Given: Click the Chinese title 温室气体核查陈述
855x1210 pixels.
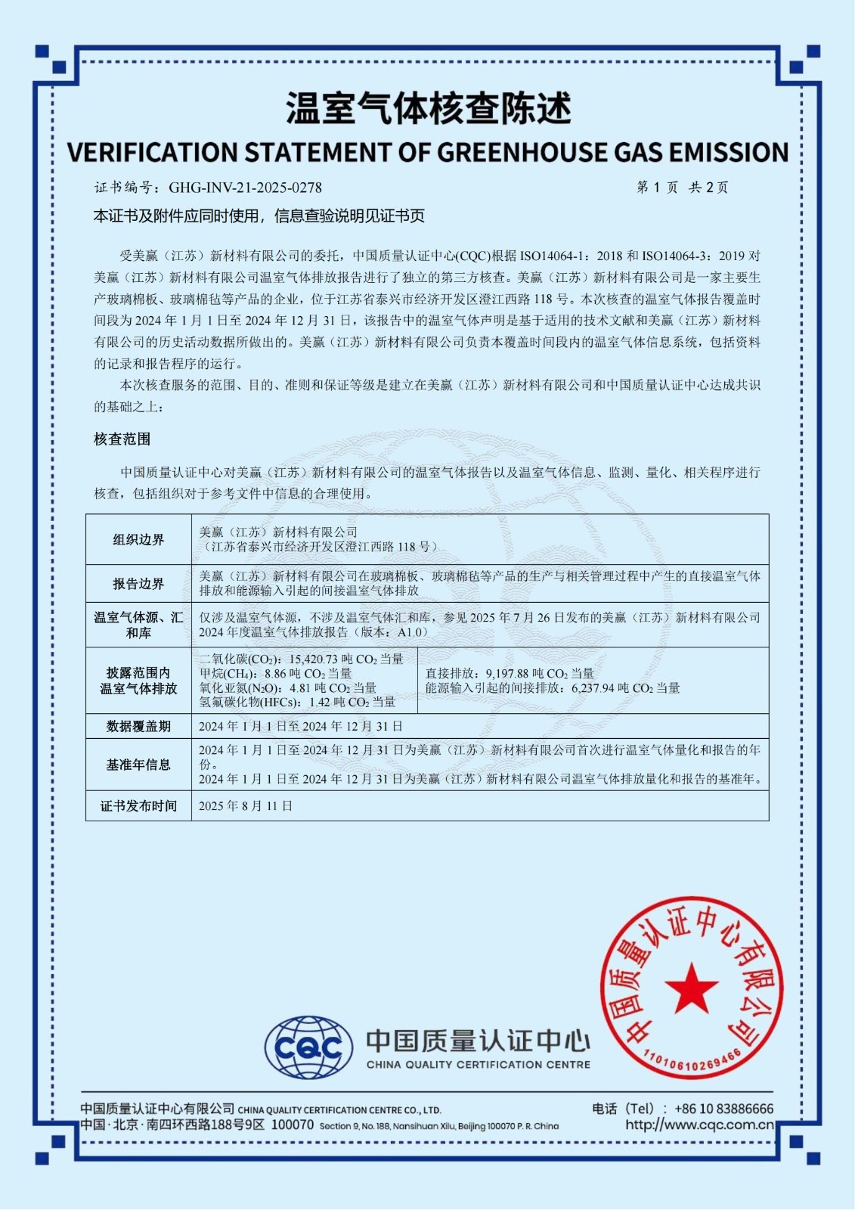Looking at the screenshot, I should [x=428, y=109].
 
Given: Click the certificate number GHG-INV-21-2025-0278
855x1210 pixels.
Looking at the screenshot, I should [x=245, y=188].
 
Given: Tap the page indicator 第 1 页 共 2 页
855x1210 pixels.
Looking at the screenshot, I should [x=682, y=188].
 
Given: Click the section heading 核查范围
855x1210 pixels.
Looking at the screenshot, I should [x=122, y=439].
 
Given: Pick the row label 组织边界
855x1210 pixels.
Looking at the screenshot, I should [x=138, y=540].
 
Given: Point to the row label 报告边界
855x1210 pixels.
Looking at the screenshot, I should [x=138, y=584].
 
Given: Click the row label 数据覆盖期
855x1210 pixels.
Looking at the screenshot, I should [x=138, y=727].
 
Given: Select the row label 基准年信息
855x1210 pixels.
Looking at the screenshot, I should [x=138, y=765].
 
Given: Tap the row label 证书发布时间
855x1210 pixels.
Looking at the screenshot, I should [x=138, y=806].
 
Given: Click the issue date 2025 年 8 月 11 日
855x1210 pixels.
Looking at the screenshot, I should [x=246, y=806].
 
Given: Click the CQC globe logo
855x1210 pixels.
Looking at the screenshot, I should [x=308, y=1047].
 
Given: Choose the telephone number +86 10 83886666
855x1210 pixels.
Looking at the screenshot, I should [x=723, y=1109].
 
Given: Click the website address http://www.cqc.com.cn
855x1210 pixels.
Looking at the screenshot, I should [x=699, y=1125].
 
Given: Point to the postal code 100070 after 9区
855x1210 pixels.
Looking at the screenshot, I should [x=293, y=1125].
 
